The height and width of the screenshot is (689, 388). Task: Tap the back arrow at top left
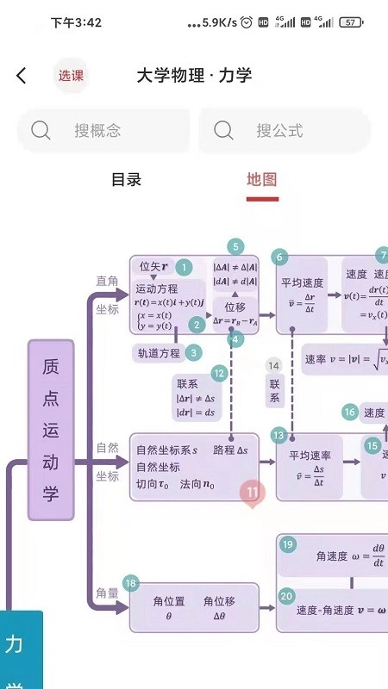coord(22,76)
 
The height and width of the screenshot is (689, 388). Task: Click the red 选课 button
coord(71,76)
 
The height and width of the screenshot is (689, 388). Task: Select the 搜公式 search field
coord(285,131)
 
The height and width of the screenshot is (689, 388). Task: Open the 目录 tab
coord(126,180)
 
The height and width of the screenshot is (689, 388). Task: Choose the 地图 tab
coord(262,180)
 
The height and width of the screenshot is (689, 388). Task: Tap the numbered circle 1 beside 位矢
coord(184,268)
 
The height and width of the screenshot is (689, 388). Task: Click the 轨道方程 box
coord(158,352)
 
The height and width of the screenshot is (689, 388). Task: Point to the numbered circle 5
coord(235,246)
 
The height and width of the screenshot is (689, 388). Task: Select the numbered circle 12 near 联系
coord(220,373)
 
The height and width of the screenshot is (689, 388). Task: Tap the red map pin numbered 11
coord(253,493)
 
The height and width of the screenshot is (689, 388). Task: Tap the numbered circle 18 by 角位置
coord(131,584)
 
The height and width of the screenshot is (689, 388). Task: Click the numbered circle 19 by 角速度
coord(288,545)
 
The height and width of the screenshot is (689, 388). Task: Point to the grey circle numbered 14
coord(274,366)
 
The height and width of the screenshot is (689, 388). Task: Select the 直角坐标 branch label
coord(108,295)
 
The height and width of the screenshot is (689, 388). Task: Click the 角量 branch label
coord(108,593)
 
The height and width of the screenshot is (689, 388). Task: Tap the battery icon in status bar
coord(350,22)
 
